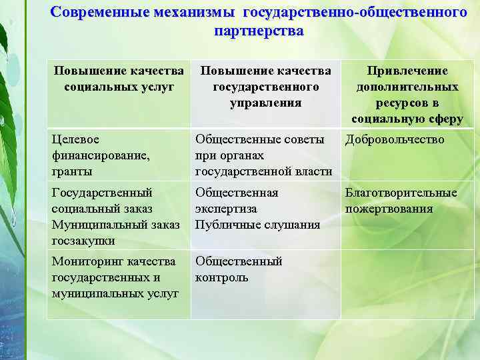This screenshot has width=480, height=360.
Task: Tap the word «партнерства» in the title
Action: point(259,31)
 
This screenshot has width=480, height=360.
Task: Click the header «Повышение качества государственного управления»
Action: point(265,87)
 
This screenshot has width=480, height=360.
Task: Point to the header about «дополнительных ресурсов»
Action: point(407,95)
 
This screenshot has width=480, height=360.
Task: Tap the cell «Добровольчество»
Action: point(394,139)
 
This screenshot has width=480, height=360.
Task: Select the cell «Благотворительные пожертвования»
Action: point(400,201)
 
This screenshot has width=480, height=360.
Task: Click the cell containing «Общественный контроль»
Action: point(239,269)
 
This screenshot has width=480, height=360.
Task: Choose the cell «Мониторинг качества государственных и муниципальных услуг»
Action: point(115,277)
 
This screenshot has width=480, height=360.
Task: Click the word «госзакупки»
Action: point(83,241)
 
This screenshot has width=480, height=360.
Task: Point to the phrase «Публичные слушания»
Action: point(257,225)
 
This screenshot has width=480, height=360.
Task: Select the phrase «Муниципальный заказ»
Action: point(115,225)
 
